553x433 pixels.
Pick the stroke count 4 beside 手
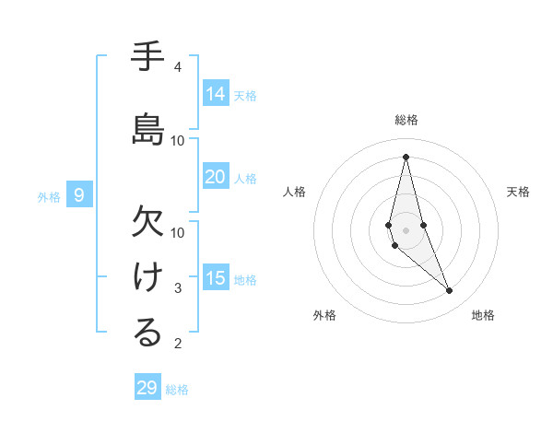point(177,67)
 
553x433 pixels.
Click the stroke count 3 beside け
point(177,288)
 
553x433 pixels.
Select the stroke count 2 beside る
point(177,344)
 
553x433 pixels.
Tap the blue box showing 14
point(216,93)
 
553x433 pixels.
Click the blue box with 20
point(216,177)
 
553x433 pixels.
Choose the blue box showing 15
point(216,278)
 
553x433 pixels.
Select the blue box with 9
point(80,194)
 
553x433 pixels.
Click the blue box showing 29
point(147,387)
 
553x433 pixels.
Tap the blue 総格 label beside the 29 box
point(177,390)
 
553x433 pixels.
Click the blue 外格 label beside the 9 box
point(49,196)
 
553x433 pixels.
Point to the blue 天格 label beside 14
point(245,95)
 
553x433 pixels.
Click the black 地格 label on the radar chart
point(483,315)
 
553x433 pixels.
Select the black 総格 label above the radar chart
point(406,120)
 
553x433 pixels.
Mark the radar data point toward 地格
point(450,291)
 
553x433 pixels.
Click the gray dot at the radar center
point(406,216)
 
